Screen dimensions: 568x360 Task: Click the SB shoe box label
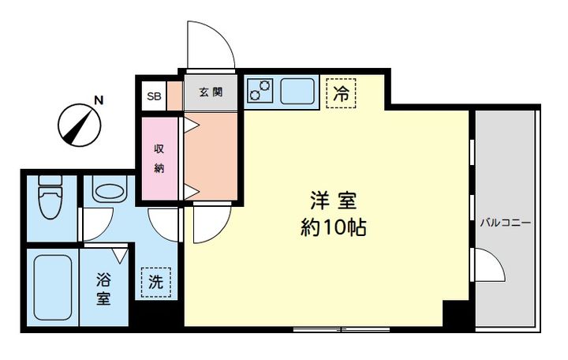(154, 96)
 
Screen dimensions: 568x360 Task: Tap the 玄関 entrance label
(211, 92)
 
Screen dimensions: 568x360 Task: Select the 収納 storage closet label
(159, 158)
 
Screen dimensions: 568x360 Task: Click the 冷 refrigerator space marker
(341, 93)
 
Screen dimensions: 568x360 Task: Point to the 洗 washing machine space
(155, 282)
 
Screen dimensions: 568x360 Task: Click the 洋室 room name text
(333, 201)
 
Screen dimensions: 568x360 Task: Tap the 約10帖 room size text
(333, 227)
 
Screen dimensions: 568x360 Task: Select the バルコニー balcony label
(506, 223)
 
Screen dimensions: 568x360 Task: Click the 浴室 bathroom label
(103, 289)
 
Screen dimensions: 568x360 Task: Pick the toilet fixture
(50, 197)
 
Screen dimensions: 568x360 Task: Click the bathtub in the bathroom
(53, 287)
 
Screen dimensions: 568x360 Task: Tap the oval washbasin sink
(110, 189)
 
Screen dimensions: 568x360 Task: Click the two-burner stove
(260, 90)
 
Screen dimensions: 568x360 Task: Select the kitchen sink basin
(297, 91)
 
